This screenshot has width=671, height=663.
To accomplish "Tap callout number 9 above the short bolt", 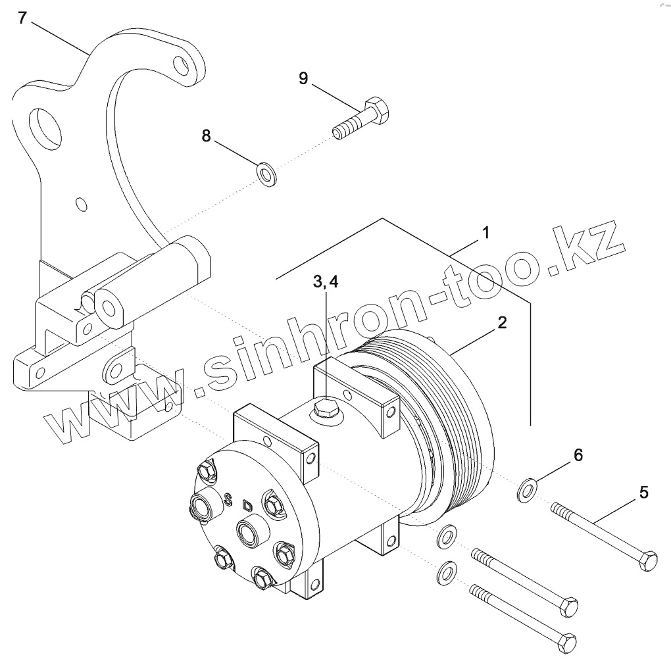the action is click(x=303, y=78).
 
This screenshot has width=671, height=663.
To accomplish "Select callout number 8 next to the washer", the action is click(x=207, y=136).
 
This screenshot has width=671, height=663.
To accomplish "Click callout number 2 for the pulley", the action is click(x=501, y=322).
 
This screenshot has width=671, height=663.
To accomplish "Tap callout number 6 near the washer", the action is click(x=578, y=454).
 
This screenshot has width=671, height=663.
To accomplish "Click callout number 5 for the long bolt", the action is click(x=643, y=491).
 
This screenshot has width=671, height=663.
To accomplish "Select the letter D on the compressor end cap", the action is click(x=247, y=506).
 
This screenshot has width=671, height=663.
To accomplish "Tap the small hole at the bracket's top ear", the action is click(x=180, y=65).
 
